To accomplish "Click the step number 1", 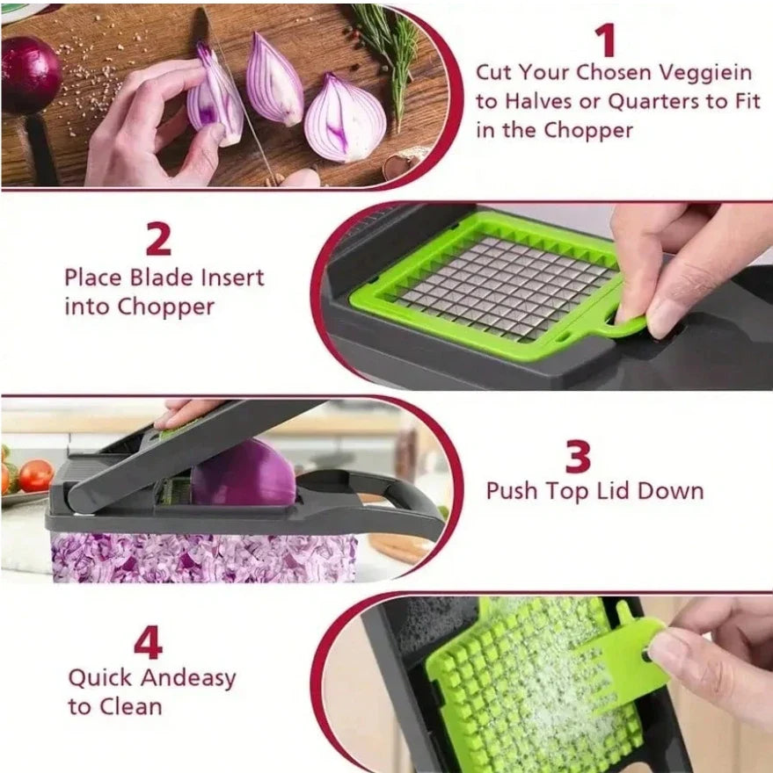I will pyautogui.click(x=604, y=40).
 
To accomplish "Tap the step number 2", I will pyautogui.click(x=158, y=239).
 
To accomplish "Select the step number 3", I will pyautogui.click(x=578, y=457).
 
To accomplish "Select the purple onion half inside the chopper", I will pyautogui.click(x=244, y=474).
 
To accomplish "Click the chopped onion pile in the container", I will pyautogui.click(x=202, y=559).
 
